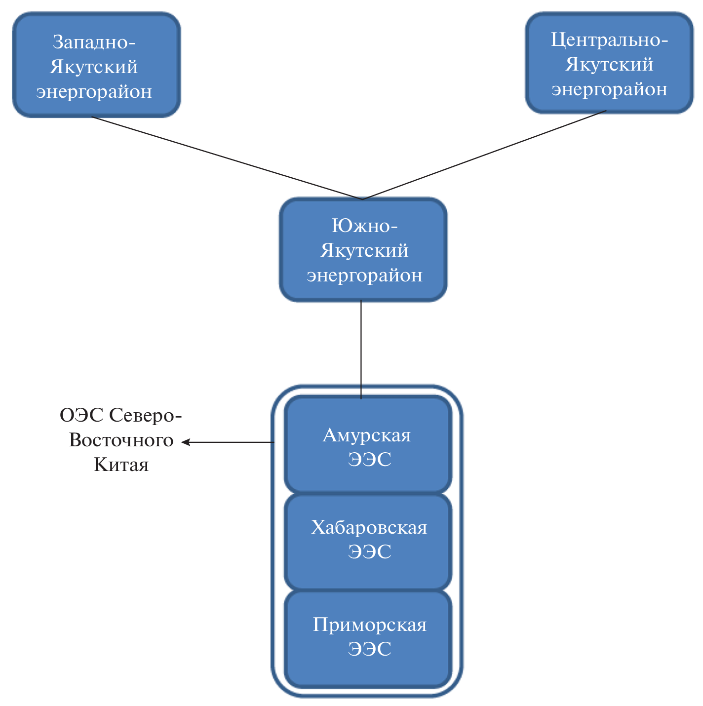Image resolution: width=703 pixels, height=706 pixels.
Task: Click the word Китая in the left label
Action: (121, 465)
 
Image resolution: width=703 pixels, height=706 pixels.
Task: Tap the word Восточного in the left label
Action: (121, 440)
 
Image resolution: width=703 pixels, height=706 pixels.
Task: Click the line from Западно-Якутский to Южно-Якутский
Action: (227, 158)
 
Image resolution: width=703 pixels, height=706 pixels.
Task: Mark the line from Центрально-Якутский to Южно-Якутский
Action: (484, 155)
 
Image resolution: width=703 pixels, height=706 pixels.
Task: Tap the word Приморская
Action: (369, 625)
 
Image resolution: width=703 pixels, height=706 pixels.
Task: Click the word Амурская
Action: (366, 435)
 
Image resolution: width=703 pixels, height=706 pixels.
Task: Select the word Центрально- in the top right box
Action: (609, 39)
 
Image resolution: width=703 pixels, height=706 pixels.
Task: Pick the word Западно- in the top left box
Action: (94, 42)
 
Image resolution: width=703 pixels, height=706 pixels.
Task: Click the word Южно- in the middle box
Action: (364, 226)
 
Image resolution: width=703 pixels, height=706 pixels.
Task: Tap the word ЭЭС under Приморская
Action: (369, 649)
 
